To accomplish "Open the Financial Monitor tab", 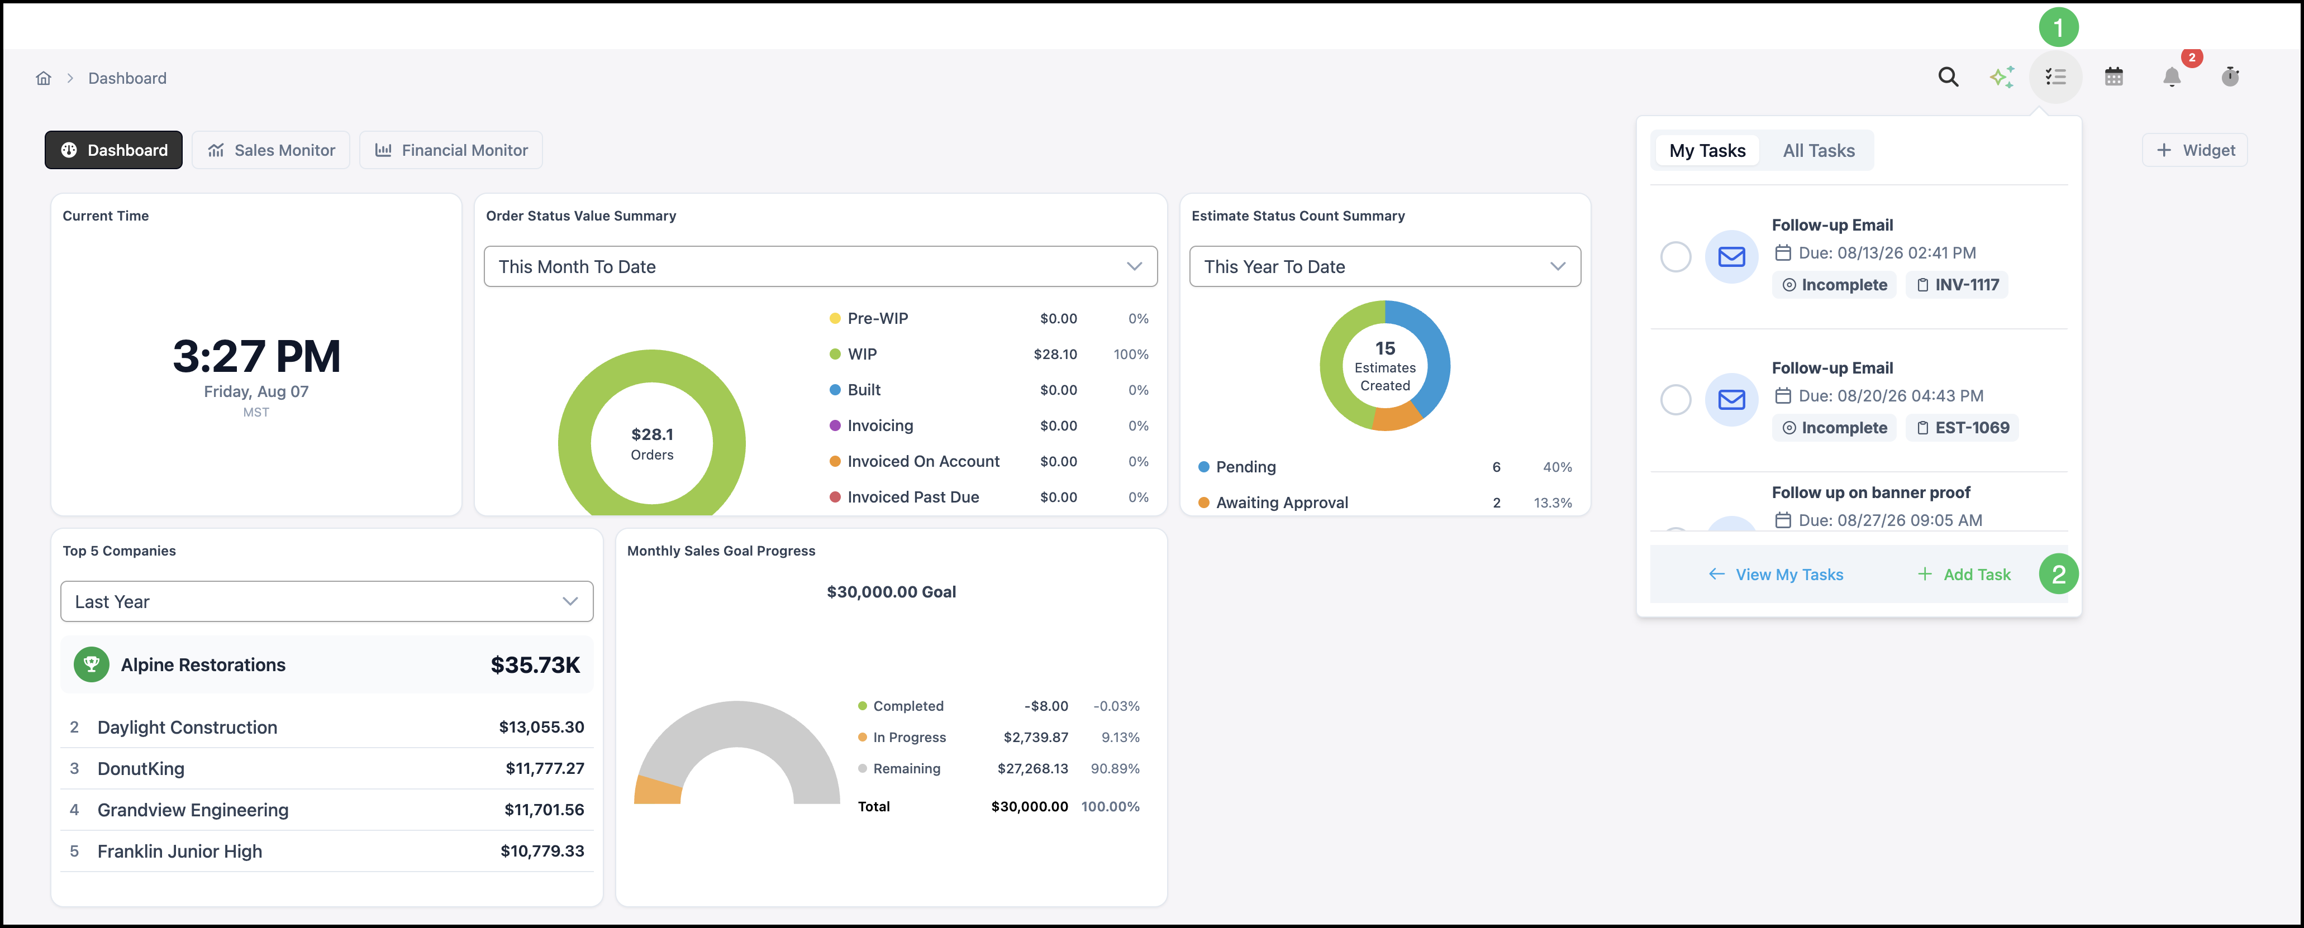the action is [x=451, y=150].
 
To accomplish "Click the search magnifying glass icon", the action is [x=1948, y=77].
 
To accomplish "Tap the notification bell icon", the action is [x=2172, y=77].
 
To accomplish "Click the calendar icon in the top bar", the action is [x=2113, y=77].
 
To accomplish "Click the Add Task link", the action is [x=1964, y=574].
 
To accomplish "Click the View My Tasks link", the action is [x=1775, y=574].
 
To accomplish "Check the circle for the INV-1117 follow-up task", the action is [x=1675, y=257].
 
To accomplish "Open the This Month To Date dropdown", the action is [x=820, y=266].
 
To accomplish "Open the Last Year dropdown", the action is [x=326, y=602].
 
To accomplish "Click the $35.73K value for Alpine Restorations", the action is [x=535, y=665].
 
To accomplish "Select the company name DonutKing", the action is [x=140, y=769].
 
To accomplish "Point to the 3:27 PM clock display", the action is [x=256, y=356].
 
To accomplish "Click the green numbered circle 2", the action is [x=2058, y=574].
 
